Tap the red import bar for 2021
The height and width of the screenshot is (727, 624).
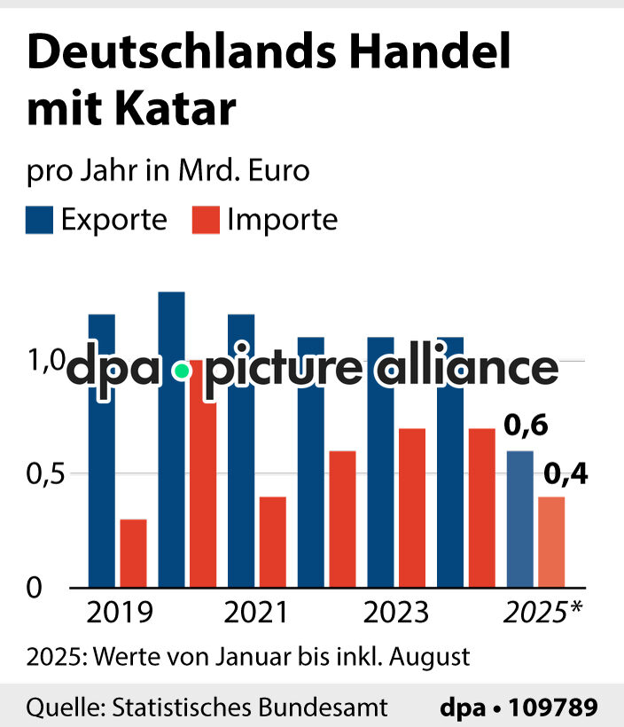272,541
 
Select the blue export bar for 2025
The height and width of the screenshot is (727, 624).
519,519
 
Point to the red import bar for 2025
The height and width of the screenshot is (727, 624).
550,541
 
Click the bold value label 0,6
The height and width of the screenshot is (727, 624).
526,427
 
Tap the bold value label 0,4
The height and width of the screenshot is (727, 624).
565,475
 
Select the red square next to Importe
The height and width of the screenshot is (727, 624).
207,220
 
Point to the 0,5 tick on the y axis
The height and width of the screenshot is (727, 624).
45,474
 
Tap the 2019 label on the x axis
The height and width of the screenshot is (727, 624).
118,613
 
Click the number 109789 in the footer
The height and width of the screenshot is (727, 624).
554,707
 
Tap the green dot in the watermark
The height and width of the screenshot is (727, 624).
182,371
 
